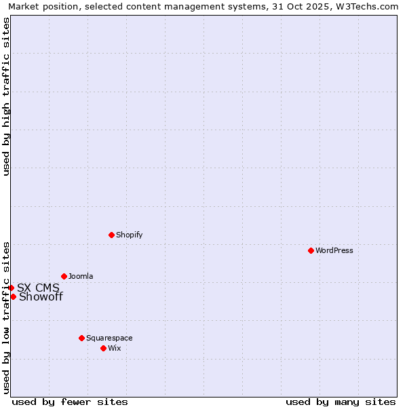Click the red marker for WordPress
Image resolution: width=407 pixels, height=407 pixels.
pos(311,250)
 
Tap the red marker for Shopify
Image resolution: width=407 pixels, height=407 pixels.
pos(111,235)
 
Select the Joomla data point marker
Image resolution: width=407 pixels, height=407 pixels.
pos(64,276)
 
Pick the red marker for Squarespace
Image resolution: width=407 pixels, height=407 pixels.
pos(81,338)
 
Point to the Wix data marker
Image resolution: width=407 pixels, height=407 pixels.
pos(103,348)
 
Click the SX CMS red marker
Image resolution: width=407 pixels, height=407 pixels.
pos(11,288)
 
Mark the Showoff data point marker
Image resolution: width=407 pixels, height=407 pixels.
pos(13,296)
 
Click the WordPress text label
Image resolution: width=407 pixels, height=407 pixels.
pos(334,250)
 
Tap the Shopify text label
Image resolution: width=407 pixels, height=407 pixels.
pos(129,235)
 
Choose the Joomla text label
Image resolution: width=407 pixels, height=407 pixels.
pos(81,276)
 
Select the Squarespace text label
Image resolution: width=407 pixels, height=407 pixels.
pos(109,338)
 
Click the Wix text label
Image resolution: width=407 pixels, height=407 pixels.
pos(114,348)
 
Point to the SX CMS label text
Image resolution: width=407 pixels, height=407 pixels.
pos(38,288)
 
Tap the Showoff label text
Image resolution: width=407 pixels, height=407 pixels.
pos(41,296)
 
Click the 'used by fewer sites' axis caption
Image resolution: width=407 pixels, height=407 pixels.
pos(70,402)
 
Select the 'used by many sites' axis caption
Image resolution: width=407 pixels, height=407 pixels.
pos(341,402)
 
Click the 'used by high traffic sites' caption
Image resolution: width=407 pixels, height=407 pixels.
pos(6,96)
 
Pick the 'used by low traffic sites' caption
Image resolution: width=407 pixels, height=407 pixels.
pos(6,317)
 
